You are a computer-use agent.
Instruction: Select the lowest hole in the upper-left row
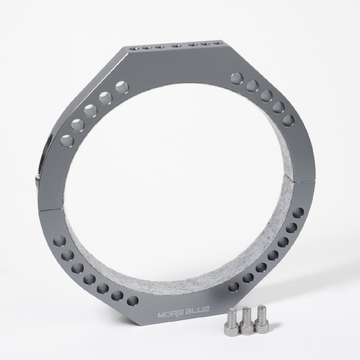pyautogui.click(x=67, y=141)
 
